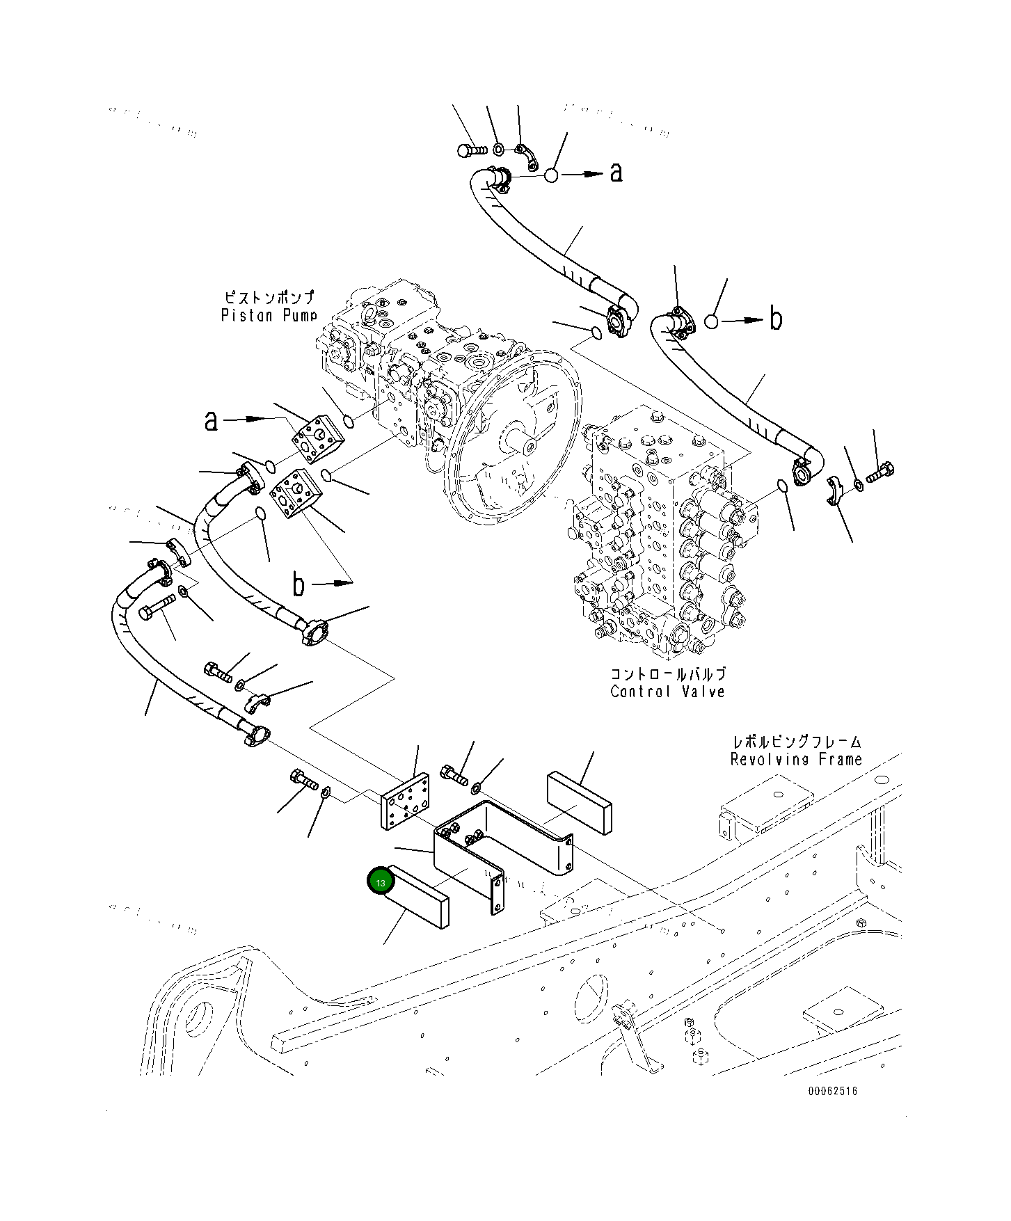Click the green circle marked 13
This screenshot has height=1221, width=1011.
point(381,882)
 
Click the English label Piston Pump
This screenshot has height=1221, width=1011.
point(269,315)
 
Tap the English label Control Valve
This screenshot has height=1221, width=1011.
point(667,692)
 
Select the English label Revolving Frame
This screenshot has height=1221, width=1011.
point(796,759)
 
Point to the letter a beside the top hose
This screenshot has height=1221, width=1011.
point(616,172)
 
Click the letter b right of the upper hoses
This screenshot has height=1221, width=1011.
point(775,319)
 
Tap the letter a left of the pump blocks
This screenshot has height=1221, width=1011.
point(211,420)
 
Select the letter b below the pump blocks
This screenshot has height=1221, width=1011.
point(298,585)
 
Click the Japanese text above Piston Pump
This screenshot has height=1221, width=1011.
point(269,297)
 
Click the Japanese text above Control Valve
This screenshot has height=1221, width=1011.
point(667,673)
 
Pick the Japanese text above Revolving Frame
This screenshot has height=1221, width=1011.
point(796,742)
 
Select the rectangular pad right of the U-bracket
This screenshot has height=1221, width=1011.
point(580,801)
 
